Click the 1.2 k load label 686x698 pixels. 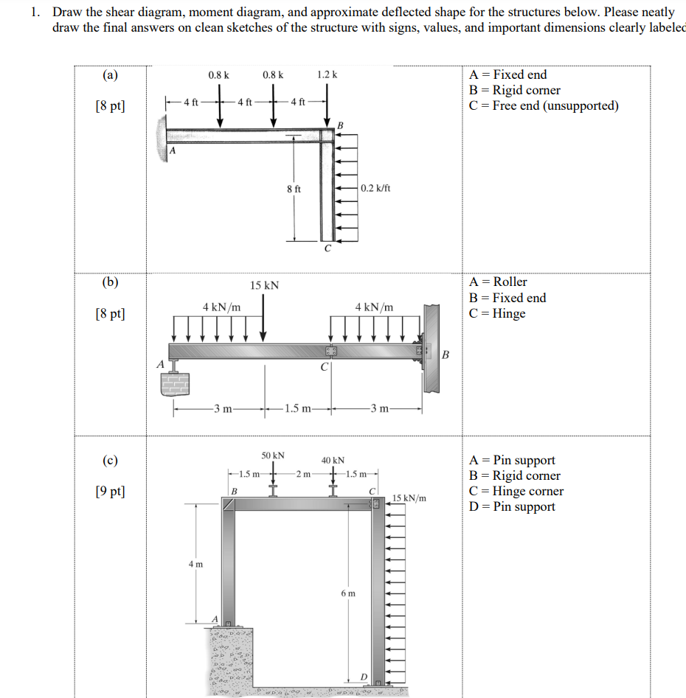(x=327, y=74)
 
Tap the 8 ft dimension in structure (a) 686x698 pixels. (x=294, y=189)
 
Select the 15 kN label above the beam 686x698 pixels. (x=264, y=285)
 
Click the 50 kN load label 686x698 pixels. (x=273, y=456)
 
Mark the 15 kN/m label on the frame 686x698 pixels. (x=409, y=498)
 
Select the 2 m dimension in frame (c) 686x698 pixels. (x=302, y=473)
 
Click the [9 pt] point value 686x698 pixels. (x=110, y=491)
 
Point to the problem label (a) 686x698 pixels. (x=110, y=74)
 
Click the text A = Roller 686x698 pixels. (x=498, y=282)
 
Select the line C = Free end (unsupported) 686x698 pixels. (x=544, y=105)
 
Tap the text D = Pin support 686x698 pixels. (x=512, y=506)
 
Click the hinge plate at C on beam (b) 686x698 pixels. (x=330, y=351)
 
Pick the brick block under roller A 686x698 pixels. (x=175, y=383)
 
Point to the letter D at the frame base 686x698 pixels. (x=363, y=677)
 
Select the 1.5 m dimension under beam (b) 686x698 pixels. (x=297, y=408)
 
